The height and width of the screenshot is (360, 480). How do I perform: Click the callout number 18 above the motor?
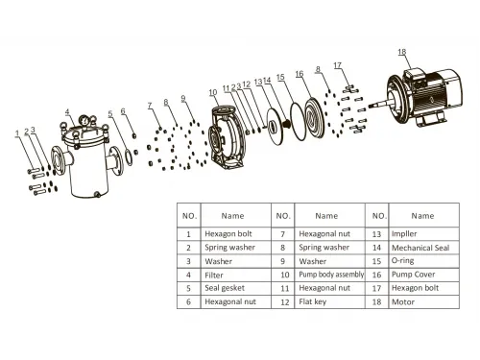click(x=402, y=52)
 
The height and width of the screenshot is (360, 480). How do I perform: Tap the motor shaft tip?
click(x=371, y=106)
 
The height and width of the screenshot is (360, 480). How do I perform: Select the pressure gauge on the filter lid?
click(x=84, y=121)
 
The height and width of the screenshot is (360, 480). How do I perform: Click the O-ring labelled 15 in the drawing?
click(x=298, y=121)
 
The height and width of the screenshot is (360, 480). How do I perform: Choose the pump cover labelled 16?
click(x=314, y=117)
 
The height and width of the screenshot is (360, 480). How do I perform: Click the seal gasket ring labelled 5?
click(x=128, y=157)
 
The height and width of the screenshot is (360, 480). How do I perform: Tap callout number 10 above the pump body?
click(x=213, y=93)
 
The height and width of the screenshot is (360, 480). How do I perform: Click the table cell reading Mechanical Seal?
click(x=420, y=248)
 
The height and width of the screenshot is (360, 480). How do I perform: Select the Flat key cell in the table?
click(x=312, y=301)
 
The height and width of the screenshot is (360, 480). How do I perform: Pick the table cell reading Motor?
click(x=403, y=301)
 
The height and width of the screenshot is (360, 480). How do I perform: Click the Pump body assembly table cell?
click(x=331, y=275)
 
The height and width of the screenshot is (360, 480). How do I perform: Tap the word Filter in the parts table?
click(x=214, y=275)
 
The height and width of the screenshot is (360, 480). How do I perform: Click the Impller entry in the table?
click(x=404, y=234)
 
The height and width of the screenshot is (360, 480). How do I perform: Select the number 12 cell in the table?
click(x=285, y=301)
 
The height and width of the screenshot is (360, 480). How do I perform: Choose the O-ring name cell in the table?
click(x=402, y=261)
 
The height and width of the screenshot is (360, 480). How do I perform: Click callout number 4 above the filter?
click(x=67, y=112)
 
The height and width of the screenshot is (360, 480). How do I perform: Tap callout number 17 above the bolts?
click(x=338, y=65)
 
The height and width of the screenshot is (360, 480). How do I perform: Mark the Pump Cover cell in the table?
click(x=413, y=275)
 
